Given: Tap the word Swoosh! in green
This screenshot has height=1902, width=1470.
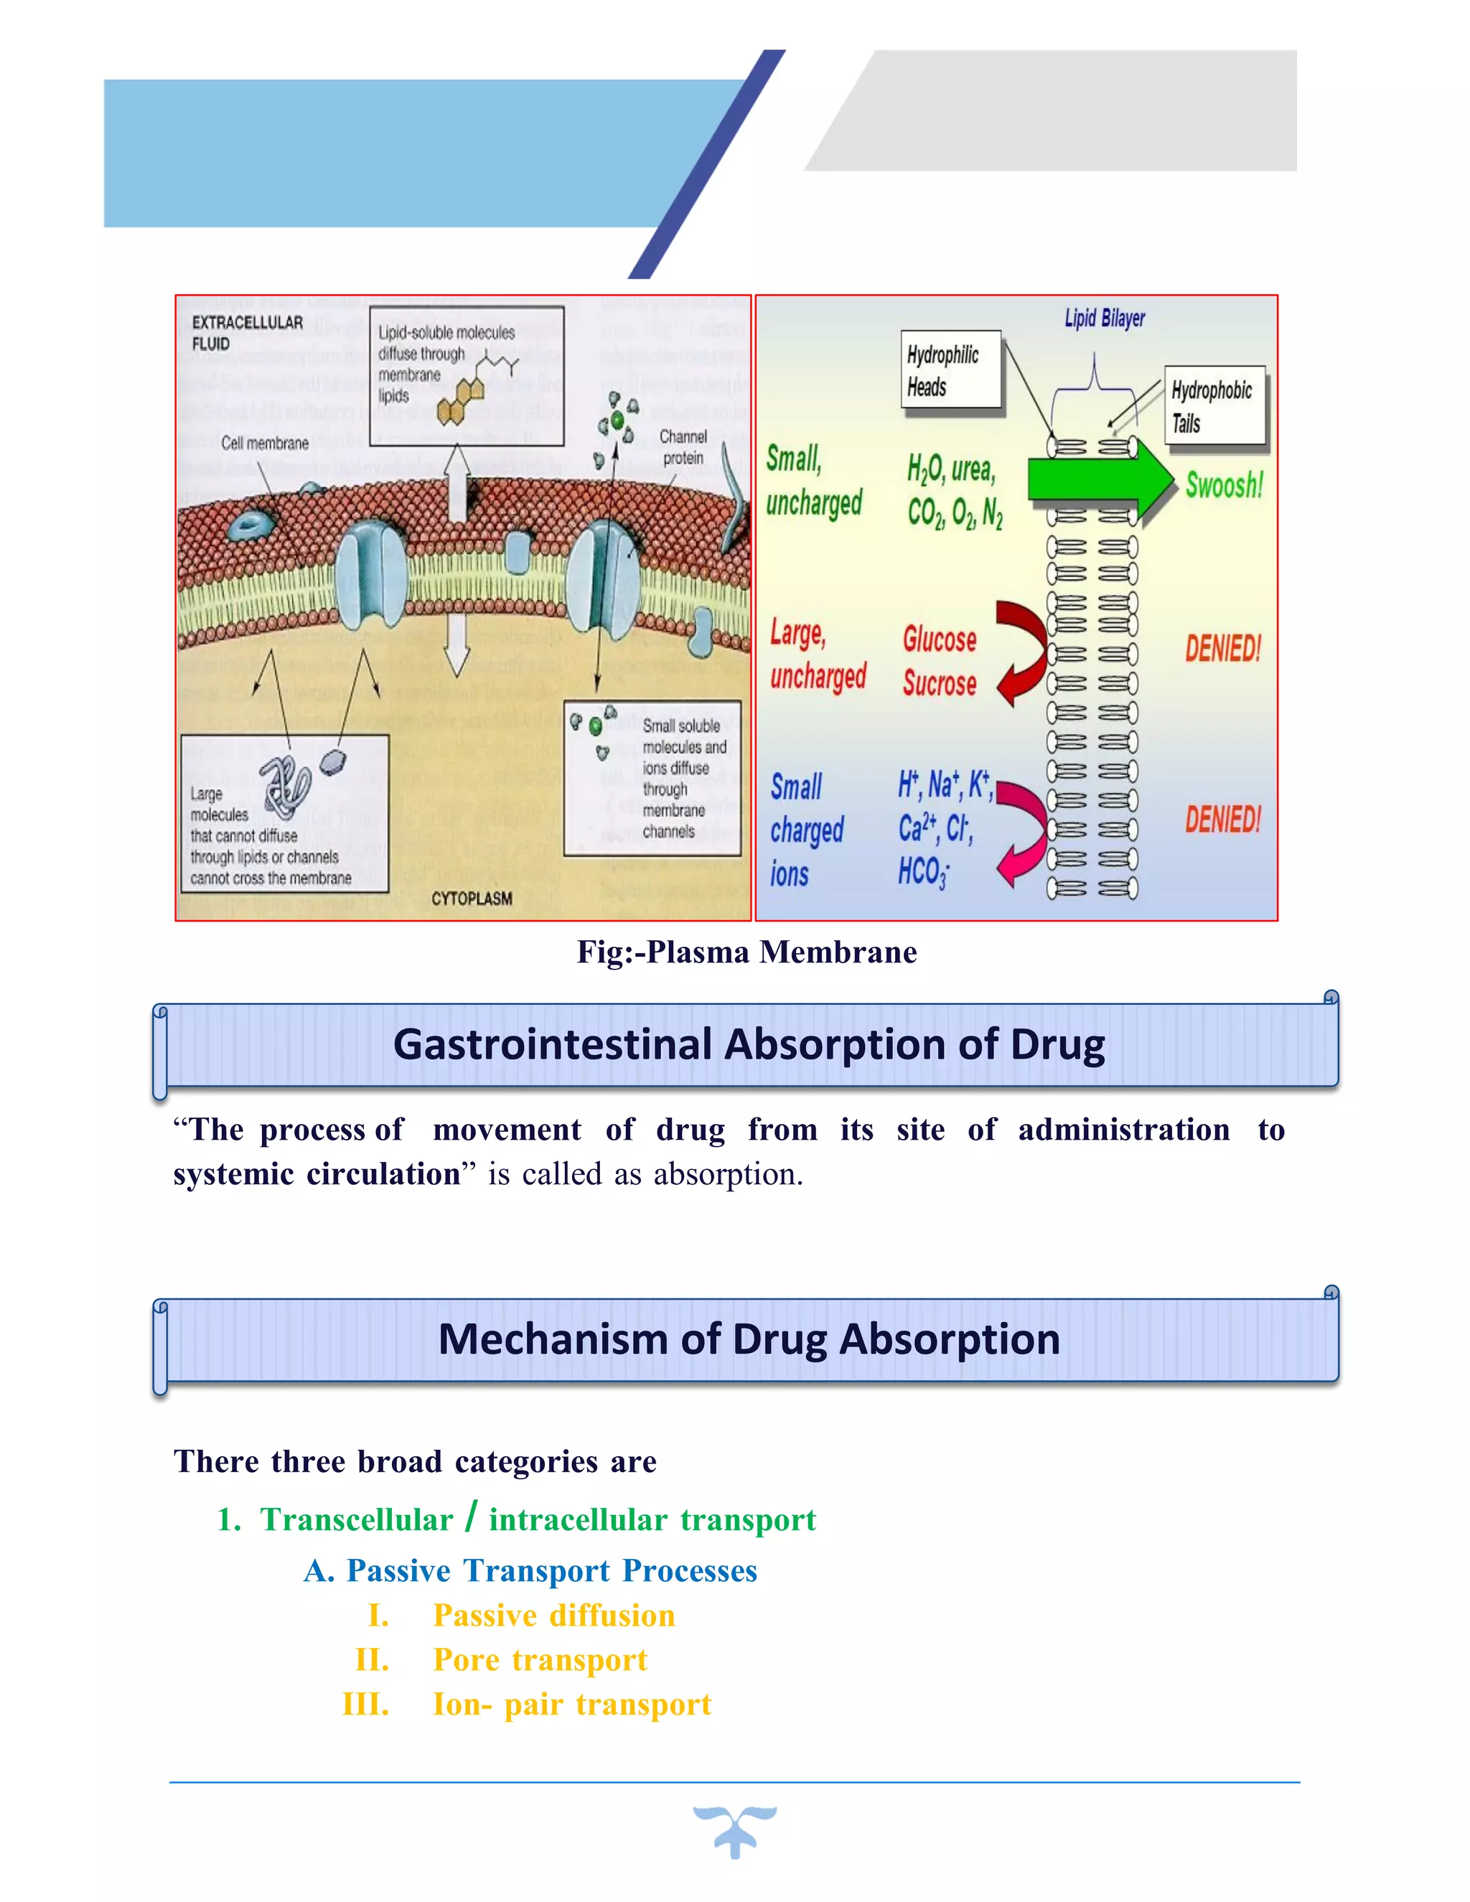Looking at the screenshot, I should pyautogui.click(x=1224, y=485).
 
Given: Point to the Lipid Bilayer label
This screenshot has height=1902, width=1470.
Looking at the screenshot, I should pyautogui.click(x=1104, y=319).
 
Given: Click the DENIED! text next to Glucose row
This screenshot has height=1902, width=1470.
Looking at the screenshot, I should pyautogui.click(x=1222, y=649).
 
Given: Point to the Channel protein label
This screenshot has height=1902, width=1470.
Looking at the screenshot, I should pyautogui.click(x=683, y=446).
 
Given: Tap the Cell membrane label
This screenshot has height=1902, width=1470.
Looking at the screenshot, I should pyautogui.click(x=265, y=444).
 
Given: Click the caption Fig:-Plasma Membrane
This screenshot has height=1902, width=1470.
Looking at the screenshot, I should pyautogui.click(x=746, y=952).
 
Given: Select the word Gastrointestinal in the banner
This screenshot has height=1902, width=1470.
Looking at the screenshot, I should pyautogui.click(x=552, y=1044).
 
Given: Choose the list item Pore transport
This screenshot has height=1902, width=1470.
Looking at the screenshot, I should pyautogui.click(x=540, y=1660).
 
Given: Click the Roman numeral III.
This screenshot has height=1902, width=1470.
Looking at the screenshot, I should pyautogui.click(x=366, y=1705).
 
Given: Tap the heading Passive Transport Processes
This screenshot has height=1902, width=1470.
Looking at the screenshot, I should pyautogui.click(x=551, y=1570).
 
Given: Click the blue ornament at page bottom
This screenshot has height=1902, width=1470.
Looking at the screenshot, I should pyautogui.click(x=735, y=1830).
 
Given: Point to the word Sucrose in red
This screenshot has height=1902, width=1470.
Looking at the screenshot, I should pyautogui.click(x=940, y=683).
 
